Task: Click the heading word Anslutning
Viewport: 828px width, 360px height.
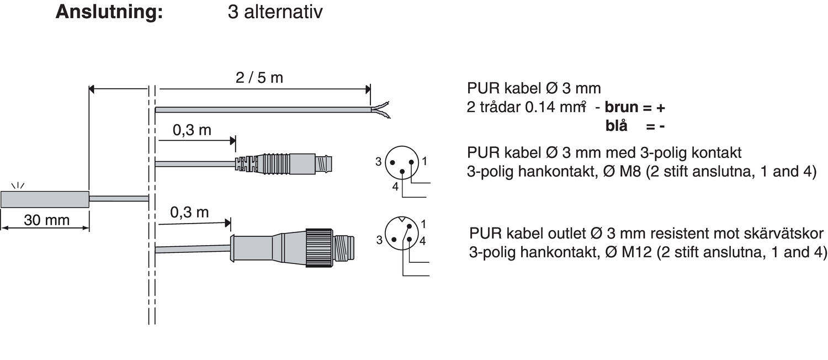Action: pyautogui.click(x=109, y=12)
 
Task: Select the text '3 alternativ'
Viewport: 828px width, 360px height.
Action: pyautogui.click(x=274, y=12)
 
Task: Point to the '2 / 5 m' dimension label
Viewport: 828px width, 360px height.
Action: pyautogui.click(x=259, y=78)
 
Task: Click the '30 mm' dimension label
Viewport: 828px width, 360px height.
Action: pyautogui.click(x=46, y=220)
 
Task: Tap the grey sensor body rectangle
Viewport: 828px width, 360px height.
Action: pyautogui.click(x=45, y=199)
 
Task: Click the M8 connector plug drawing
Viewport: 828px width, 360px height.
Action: pyautogui.click(x=287, y=162)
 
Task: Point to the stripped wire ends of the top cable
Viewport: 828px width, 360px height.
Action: pyautogui.click(x=381, y=109)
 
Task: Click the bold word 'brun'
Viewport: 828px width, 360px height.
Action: pyautogui.click(x=622, y=107)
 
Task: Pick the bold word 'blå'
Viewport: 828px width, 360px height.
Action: pyautogui.click(x=617, y=126)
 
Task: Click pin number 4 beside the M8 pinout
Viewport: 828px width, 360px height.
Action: pyautogui.click(x=395, y=187)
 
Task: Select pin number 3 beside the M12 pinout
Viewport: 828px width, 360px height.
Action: pyautogui.click(x=379, y=240)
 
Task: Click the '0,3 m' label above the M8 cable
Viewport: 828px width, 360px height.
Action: pyautogui.click(x=192, y=130)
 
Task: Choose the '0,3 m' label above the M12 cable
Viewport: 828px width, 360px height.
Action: pyautogui.click(x=189, y=213)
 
